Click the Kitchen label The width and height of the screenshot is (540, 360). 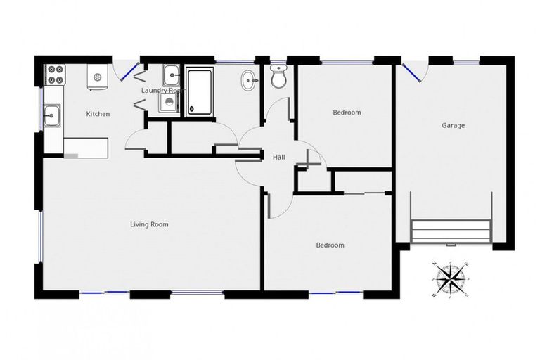(x=98, y=114)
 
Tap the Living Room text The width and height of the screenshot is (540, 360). (x=149, y=225)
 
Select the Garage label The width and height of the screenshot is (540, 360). (x=453, y=126)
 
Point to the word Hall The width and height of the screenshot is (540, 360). (x=278, y=157)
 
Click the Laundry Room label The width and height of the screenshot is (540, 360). (x=162, y=91)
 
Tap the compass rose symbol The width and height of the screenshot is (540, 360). (x=450, y=279)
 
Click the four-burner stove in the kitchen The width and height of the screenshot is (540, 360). (x=54, y=74)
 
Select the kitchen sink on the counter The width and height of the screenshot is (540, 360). (x=52, y=115)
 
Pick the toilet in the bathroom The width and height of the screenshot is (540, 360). (x=279, y=77)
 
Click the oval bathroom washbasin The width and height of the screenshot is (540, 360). (x=250, y=81)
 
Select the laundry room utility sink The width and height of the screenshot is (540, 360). (x=172, y=75)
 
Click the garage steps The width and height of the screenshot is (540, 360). (x=450, y=231)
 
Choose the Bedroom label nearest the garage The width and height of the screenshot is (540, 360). (x=347, y=112)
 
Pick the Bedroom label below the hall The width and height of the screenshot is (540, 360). (x=330, y=245)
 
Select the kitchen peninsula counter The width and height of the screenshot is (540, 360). (x=85, y=147)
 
